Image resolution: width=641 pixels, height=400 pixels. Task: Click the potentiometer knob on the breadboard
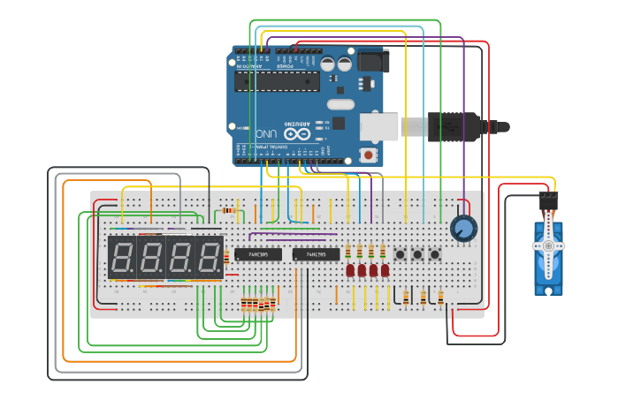[x=462, y=229]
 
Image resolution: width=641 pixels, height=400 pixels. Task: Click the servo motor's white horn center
[x=547, y=245]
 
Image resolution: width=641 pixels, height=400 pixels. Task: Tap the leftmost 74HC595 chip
[x=258, y=254]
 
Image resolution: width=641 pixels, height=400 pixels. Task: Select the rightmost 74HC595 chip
[x=316, y=254]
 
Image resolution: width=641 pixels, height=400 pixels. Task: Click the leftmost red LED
[x=350, y=270]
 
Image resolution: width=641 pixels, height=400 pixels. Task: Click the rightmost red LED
[x=385, y=270]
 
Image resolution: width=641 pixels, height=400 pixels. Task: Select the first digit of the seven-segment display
[x=123, y=258]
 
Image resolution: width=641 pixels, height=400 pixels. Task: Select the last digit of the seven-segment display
[x=210, y=258]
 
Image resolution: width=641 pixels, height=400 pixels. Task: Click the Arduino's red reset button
[x=368, y=155]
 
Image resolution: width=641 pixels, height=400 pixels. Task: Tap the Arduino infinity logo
[x=298, y=134]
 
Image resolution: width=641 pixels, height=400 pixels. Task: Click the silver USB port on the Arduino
[x=379, y=126]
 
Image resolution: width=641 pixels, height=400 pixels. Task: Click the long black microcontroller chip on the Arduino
[x=276, y=81]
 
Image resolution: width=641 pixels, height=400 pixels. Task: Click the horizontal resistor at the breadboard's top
[x=231, y=210]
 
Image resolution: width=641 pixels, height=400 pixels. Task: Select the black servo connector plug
[x=548, y=200]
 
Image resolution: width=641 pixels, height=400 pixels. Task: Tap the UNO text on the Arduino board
[x=266, y=134]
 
